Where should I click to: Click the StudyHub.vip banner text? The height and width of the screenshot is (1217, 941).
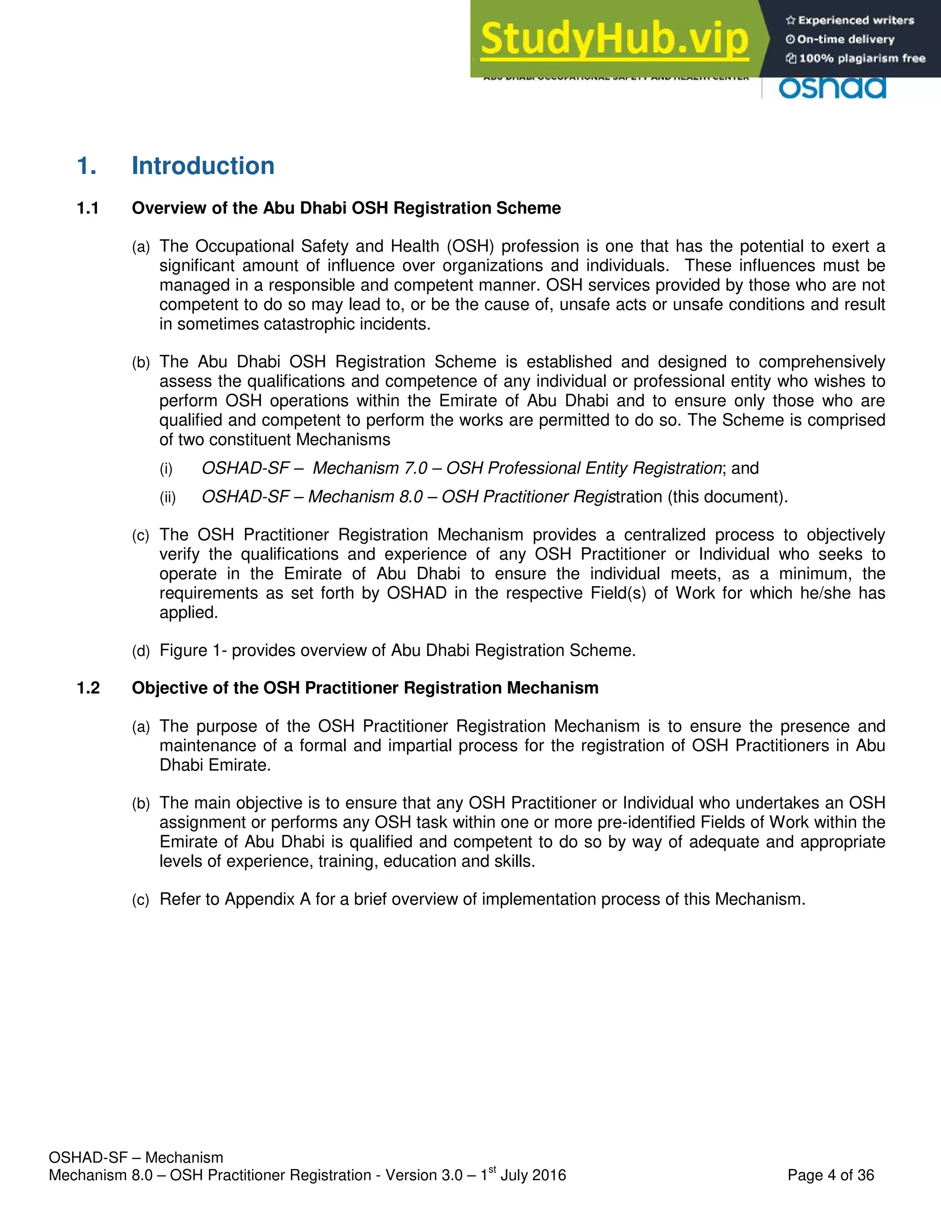[x=614, y=39]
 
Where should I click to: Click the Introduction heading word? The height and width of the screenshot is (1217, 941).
[x=203, y=166]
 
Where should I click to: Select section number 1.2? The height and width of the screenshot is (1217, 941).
[x=88, y=688]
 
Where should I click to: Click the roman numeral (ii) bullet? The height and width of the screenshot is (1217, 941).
[x=167, y=497]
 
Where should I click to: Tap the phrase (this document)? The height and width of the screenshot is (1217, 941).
[x=727, y=496]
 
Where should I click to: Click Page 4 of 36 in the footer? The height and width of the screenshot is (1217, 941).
[x=830, y=1175]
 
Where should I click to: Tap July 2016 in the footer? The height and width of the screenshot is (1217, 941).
[x=533, y=1175]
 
